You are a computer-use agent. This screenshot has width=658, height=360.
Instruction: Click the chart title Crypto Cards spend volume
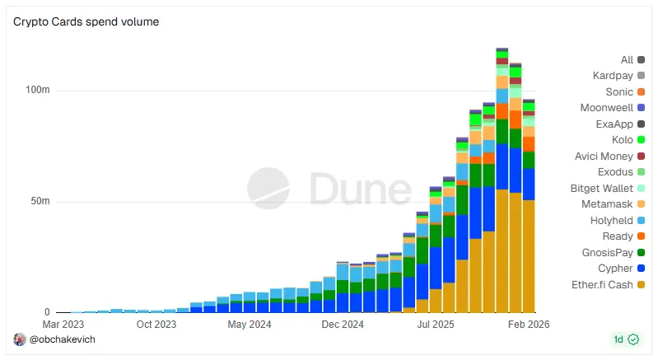pyautogui.click(x=86, y=21)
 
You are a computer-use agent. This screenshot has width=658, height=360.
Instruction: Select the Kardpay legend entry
pyautogui.click(x=613, y=76)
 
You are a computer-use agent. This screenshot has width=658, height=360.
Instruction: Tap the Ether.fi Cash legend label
pyautogui.click(x=604, y=284)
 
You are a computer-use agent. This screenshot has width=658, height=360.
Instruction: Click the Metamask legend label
pyautogui.click(x=607, y=204)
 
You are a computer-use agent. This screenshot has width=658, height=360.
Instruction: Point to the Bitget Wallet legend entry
pyautogui.click(x=603, y=189)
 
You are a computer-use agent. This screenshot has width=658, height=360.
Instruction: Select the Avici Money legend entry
pyautogui.click(x=604, y=157)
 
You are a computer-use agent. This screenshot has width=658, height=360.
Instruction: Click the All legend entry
pyautogui.click(x=628, y=59)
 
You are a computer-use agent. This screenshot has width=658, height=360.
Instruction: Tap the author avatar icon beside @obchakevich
pyautogui.click(x=20, y=339)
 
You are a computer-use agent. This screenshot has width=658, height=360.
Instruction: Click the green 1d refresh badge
pyautogui.click(x=626, y=339)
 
